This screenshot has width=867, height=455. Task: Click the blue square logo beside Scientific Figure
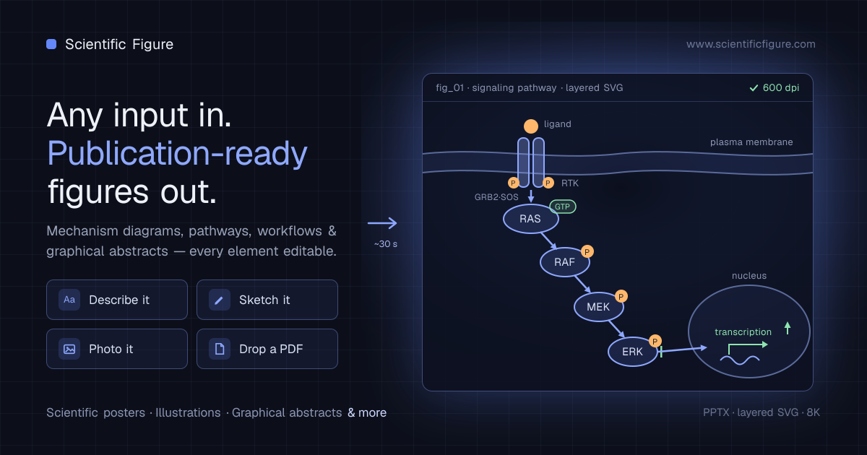51,44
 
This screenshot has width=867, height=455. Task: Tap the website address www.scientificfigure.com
751,44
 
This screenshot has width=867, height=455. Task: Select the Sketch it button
267,300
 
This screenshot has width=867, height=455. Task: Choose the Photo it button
117,349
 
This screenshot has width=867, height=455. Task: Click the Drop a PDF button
267,349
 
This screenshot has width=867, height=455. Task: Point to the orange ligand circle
530,126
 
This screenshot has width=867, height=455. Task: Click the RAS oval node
530,219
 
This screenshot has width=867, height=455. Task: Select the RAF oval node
565,262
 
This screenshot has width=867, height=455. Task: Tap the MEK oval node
598,307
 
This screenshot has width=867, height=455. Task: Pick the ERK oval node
632,352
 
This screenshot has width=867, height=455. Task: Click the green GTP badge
562,207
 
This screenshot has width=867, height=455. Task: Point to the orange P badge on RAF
587,252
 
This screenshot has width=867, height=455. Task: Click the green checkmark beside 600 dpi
754,88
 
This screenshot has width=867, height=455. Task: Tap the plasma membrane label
751,142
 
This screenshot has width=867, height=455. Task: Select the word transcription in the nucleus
743,332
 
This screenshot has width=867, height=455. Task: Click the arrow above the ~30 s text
382,223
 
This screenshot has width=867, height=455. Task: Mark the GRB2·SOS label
496,197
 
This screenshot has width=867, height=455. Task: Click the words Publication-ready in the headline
177,154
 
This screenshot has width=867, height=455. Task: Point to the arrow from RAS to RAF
548,240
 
